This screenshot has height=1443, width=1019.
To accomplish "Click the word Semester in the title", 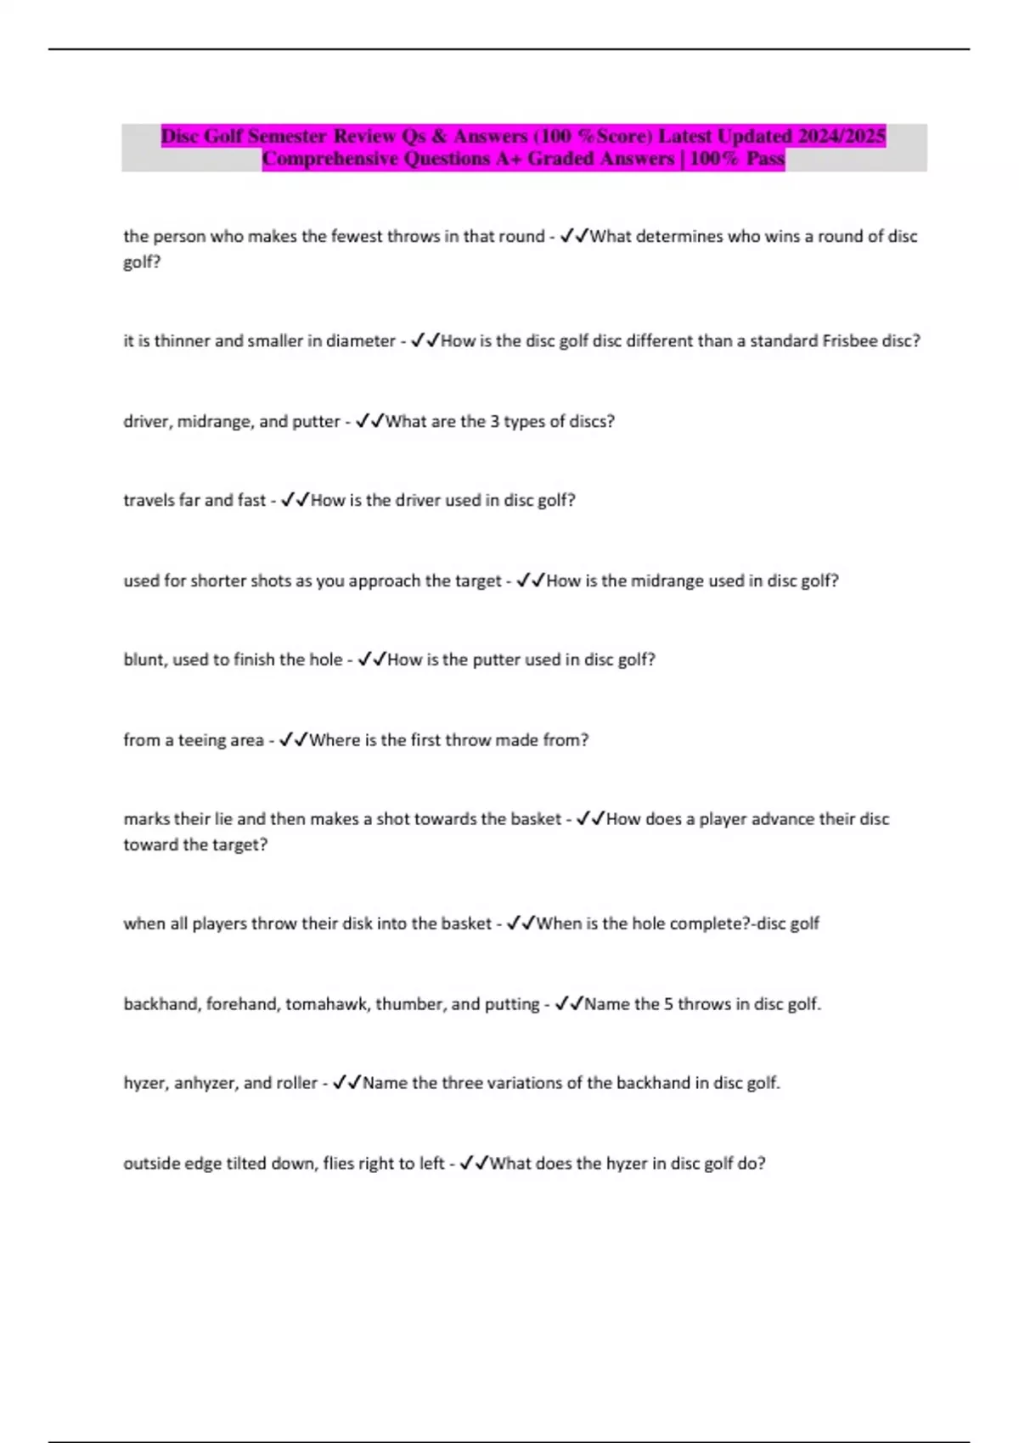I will click(x=287, y=136).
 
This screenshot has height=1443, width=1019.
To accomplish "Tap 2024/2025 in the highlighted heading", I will click(x=841, y=136).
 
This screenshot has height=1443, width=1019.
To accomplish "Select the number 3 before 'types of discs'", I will click(x=494, y=421).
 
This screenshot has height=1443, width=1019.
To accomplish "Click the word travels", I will click(x=149, y=500).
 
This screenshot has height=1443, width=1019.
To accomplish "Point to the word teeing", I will click(x=202, y=740).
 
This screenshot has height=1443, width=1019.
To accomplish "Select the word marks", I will click(x=146, y=819).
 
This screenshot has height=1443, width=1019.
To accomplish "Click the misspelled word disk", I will click(x=357, y=924).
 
